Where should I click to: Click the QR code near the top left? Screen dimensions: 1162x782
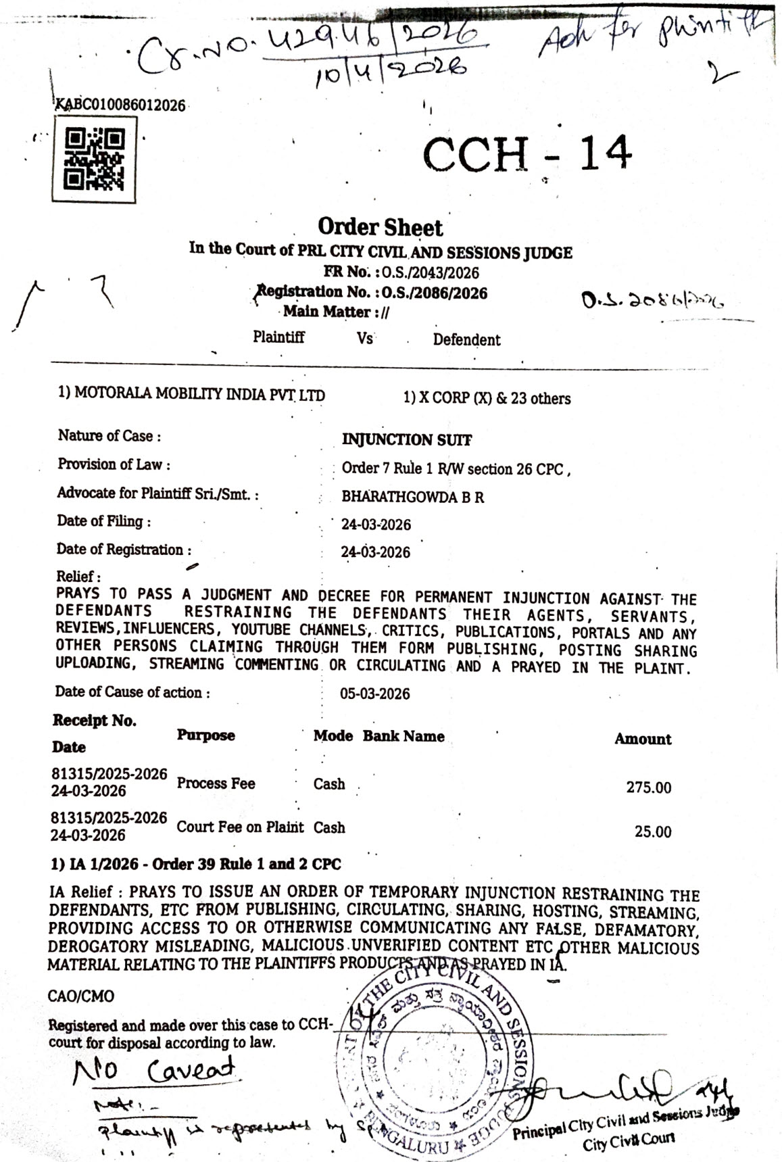click(95, 160)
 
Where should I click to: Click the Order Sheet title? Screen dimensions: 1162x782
click(381, 227)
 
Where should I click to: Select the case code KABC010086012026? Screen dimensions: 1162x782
click(120, 105)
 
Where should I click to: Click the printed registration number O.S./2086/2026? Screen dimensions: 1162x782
click(434, 293)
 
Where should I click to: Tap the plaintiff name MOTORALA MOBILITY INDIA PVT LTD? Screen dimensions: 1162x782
click(191, 394)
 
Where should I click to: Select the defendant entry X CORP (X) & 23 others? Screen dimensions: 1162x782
click(487, 398)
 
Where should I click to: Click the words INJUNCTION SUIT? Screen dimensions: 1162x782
click(407, 440)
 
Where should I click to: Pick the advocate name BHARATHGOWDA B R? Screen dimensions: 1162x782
click(412, 497)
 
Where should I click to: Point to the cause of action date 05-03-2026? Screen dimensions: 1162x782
click(375, 694)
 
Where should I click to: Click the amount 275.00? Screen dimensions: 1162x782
click(648, 788)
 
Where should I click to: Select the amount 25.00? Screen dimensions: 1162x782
click(652, 831)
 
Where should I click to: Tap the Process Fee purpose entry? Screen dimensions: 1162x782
click(216, 783)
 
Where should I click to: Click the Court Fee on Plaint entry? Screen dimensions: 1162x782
click(240, 827)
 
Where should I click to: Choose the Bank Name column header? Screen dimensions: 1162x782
click(404, 736)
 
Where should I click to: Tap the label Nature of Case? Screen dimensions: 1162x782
click(109, 436)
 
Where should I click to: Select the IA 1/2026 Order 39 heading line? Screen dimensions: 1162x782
click(196, 864)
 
